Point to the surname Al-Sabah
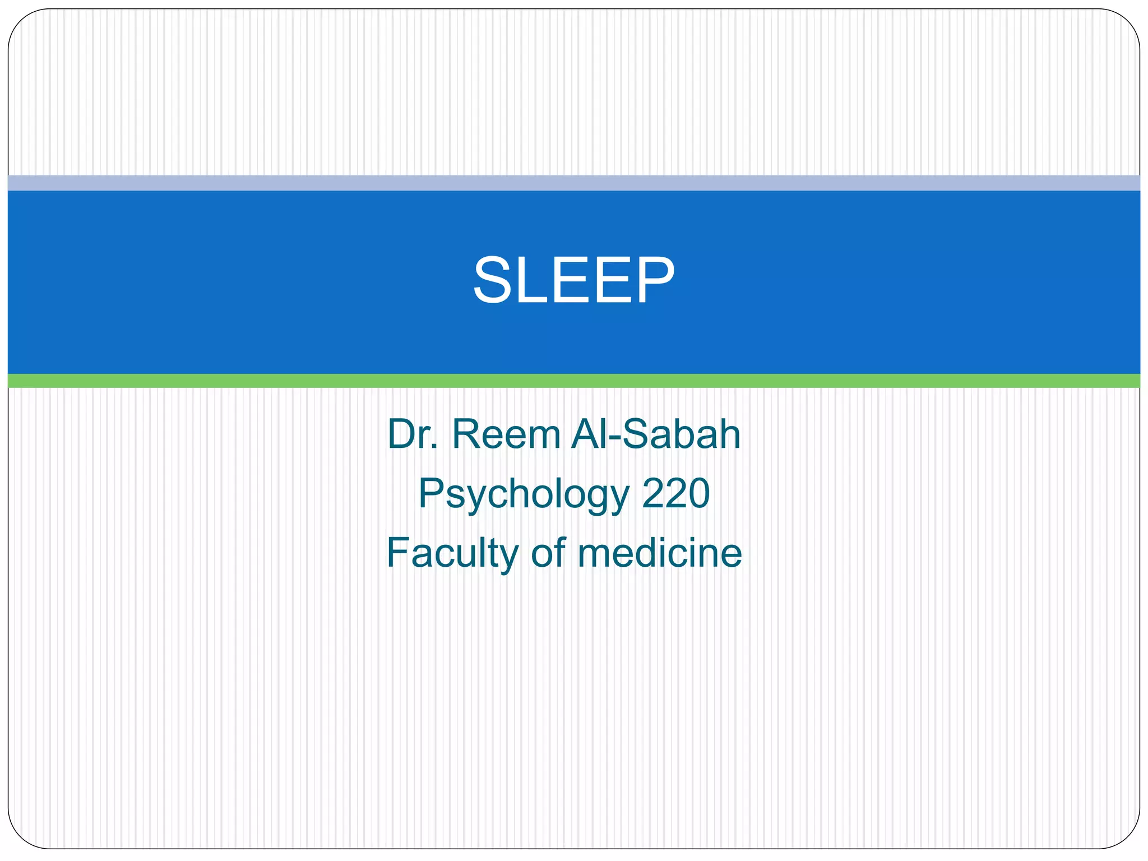pos(656,434)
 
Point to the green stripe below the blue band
pos(573,381)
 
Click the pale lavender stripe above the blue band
pos(573,183)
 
